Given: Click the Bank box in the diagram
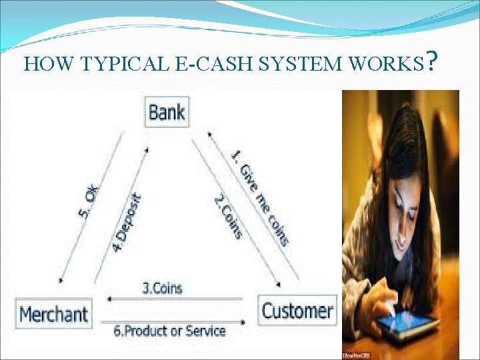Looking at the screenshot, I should [x=166, y=111].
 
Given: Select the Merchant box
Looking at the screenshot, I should [x=54, y=313].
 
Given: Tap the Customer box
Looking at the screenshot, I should [x=297, y=311].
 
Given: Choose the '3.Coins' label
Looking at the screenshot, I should [x=162, y=289].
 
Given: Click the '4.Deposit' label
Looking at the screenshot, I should [x=127, y=222].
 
